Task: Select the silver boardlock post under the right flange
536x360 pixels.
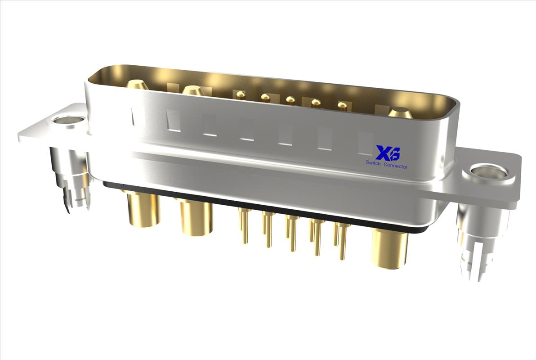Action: click(476, 243)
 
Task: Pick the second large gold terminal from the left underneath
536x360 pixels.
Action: click(196, 218)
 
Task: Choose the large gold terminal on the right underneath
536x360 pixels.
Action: click(389, 247)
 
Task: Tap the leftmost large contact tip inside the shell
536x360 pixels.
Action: click(136, 84)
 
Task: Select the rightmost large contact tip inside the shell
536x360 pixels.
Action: click(399, 112)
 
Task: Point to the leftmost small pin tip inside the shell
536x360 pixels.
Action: click(241, 94)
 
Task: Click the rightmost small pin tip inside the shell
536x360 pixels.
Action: click(343, 106)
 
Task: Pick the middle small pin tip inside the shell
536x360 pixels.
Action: click(291, 99)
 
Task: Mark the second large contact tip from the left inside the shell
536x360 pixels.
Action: click(193, 90)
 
